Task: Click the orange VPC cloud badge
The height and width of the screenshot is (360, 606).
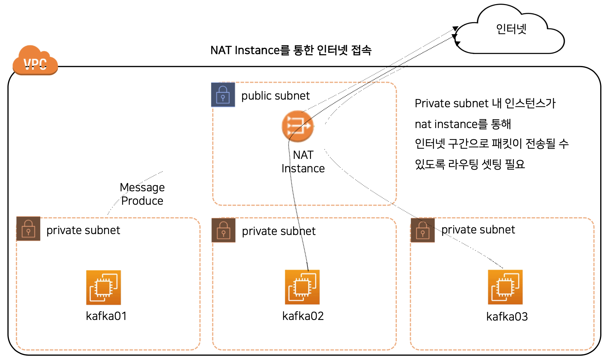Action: tap(35, 61)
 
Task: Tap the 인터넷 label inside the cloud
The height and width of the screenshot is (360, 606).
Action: tap(511, 29)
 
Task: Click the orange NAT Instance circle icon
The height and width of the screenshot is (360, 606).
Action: tap(298, 126)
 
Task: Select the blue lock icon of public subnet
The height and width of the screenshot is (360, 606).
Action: tap(223, 95)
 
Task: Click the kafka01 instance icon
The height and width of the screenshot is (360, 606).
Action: tap(104, 287)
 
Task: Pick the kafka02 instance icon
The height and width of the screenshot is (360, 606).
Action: tap(302, 287)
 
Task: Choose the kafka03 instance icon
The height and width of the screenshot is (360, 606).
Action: tap(505, 287)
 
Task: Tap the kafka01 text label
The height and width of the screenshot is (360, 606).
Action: tap(106, 316)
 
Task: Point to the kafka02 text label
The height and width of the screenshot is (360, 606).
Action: tap(303, 316)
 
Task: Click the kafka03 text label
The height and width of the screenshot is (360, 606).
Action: tap(507, 317)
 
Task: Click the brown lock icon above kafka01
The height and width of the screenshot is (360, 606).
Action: tap(28, 229)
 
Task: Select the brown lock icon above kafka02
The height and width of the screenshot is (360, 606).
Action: tap(224, 230)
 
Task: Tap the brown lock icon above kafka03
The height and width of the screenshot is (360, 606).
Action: tap(423, 230)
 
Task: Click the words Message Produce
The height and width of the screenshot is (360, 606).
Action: tap(142, 194)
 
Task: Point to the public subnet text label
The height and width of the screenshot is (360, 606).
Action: tap(276, 96)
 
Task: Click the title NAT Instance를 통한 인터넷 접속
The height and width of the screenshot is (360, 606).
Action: tap(291, 50)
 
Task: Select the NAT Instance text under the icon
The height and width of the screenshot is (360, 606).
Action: tap(303, 162)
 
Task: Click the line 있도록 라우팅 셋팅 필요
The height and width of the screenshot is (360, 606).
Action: tap(470, 164)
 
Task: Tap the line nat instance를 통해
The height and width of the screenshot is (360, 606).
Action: tap(463, 124)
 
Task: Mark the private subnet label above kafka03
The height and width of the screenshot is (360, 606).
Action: tap(478, 230)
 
